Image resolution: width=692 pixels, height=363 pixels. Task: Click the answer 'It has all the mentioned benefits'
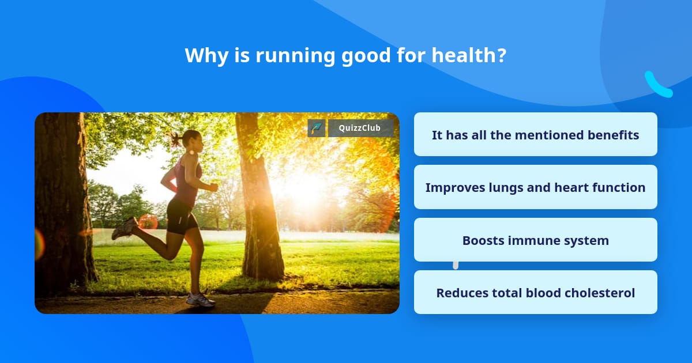[x=535, y=135]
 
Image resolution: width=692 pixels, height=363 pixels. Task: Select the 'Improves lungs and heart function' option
[x=535, y=187]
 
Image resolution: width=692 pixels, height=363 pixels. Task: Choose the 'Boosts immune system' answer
[x=535, y=240]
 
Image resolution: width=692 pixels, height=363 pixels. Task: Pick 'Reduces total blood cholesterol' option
[x=535, y=293]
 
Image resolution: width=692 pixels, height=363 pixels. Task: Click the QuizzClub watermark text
[x=360, y=128]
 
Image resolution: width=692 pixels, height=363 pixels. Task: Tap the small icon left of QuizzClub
[x=316, y=128]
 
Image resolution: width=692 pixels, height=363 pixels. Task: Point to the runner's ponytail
[x=175, y=138]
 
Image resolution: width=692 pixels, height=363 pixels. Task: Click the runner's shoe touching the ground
[x=200, y=300]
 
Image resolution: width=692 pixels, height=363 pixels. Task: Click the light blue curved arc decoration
[x=657, y=85]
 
